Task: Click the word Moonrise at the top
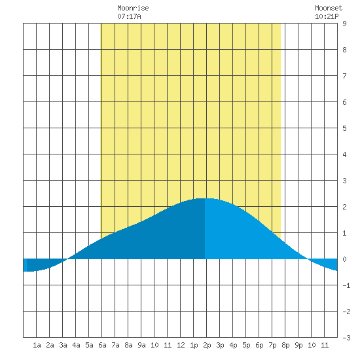point(133,8)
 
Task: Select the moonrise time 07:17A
point(129,16)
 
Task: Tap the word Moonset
point(329,8)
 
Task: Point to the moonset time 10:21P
point(327,16)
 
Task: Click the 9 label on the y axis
point(344,24)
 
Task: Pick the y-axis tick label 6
point(344,102)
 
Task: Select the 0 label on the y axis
point(344,259)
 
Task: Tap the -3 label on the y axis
point(346,338)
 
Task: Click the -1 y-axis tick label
point(346,285)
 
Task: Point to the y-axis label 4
point(344,154)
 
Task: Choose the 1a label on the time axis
point(37,345)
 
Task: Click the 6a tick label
point(102,345)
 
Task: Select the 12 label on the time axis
point(181,345)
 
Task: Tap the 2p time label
point(207,345)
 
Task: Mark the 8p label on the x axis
point(285,345)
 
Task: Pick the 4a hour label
point(76,345)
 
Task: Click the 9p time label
point(298,345)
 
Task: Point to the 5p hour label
point(246,345)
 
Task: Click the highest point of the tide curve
point(205,198)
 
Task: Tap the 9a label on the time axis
point(141,345)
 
